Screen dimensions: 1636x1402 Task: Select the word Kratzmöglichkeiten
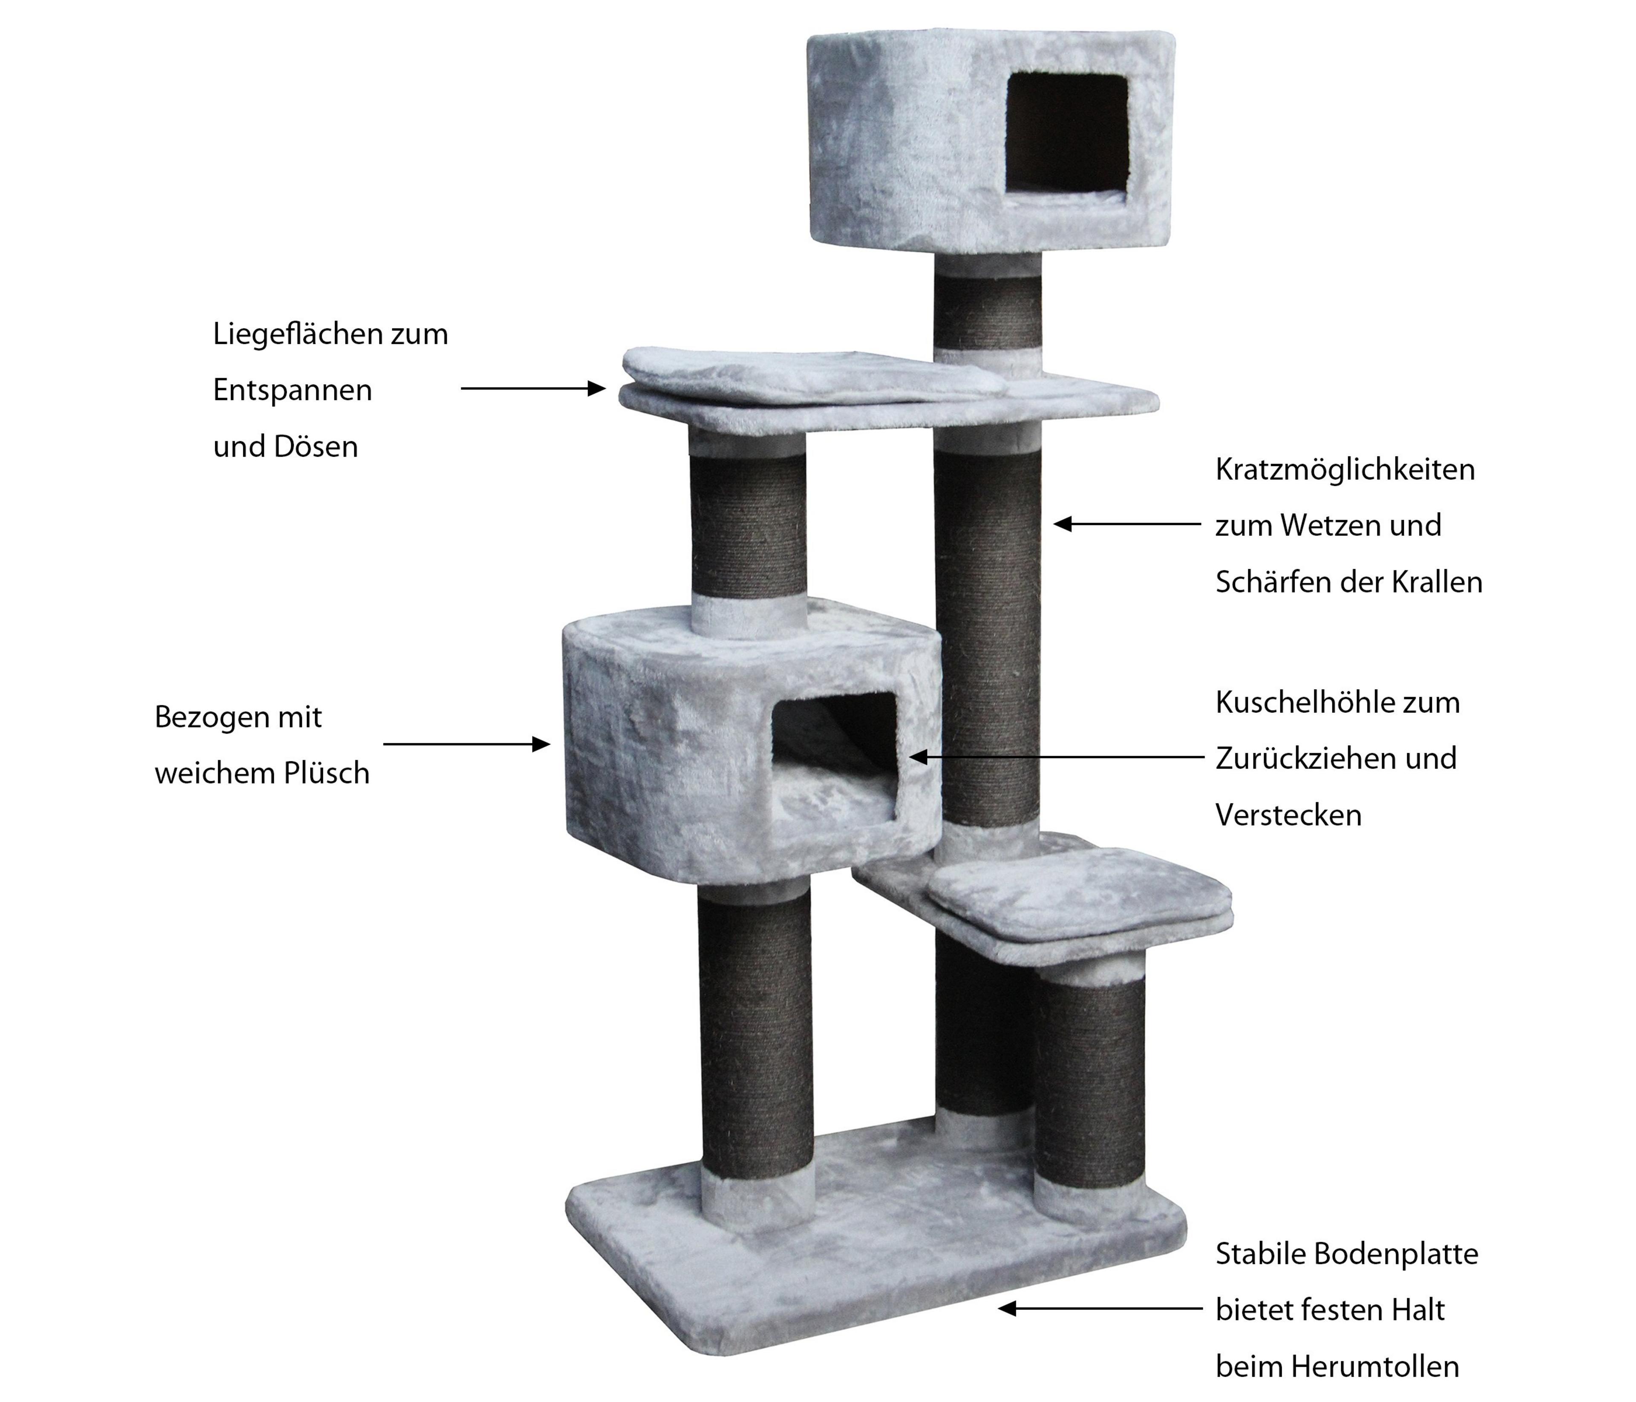1345,470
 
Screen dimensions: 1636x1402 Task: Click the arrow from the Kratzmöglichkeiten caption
1127,524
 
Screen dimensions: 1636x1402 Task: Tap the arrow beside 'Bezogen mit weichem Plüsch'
467,744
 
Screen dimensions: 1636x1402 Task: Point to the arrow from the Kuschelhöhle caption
1056,756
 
